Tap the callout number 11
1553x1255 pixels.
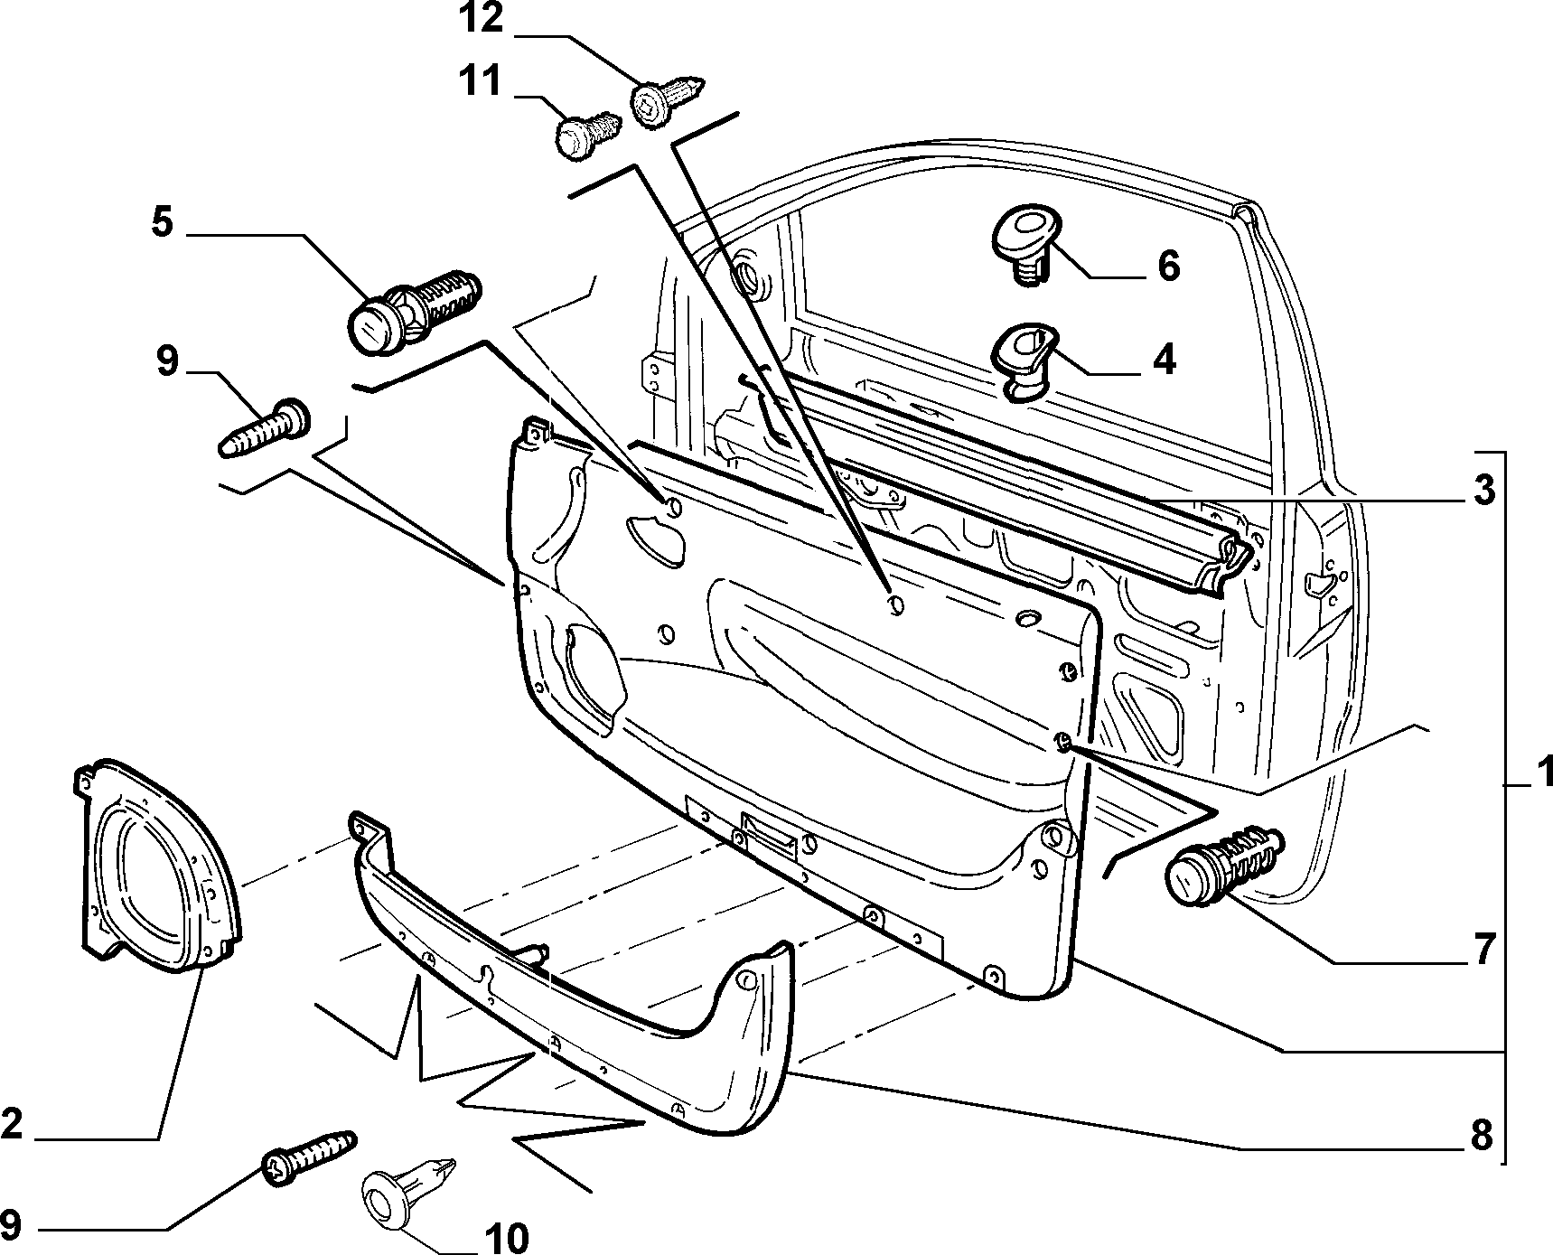coord(479,81)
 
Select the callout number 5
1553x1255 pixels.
coord(163,222)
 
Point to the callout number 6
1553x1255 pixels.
coord(1168,267)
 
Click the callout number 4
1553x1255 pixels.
coord(1165,361)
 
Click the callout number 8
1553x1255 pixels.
coord(1482,1135)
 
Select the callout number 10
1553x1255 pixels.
coord(507,1238)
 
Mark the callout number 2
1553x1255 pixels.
coord(11,1125)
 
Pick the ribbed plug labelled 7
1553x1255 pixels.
coord(1222,865)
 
